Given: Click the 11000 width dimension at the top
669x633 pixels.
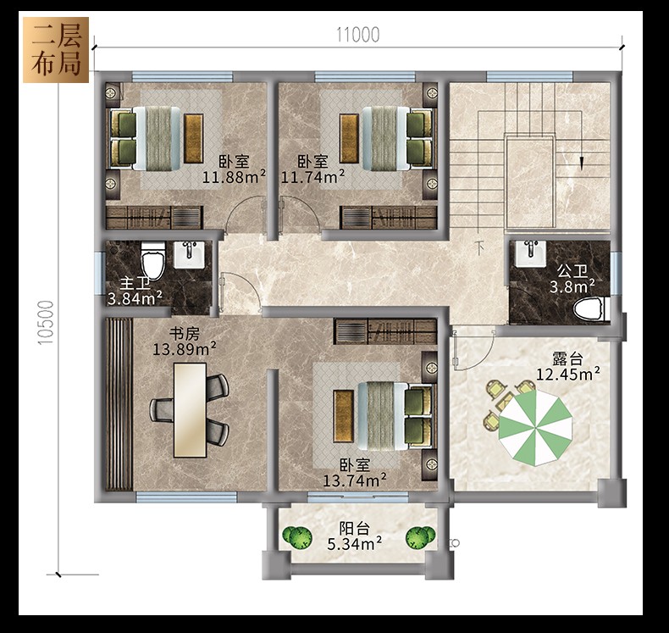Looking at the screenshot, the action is (x=357, y=35).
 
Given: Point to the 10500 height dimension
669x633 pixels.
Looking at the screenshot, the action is (x=46, y=323).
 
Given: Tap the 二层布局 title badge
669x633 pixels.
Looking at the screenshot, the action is (x=56, y=50).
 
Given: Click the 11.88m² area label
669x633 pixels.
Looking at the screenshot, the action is (x=234, y=177).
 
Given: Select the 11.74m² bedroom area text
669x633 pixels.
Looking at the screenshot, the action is (x=312, y=177).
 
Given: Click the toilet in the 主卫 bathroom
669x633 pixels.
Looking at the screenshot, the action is (x=152, y=259).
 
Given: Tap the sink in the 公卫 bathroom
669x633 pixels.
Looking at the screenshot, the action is (x=531, y=253).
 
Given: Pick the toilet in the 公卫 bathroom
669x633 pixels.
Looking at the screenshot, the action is (x=589, y=309).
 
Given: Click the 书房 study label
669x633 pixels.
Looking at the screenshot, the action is (x=185, y=333).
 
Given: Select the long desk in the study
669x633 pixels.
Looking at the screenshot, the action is (x=190, y=410).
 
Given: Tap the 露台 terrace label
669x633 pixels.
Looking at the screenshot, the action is (x=567, y=358).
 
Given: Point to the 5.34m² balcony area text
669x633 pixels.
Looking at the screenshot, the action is (x=354, y=544).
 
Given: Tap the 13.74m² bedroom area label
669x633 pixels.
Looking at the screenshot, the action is (x=355, y=481).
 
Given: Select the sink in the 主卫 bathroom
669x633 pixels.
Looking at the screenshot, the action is (x=190, y=255).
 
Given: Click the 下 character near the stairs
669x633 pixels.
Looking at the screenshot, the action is (x=480, y=248).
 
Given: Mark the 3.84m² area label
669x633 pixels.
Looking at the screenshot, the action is (x=135, y=298).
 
